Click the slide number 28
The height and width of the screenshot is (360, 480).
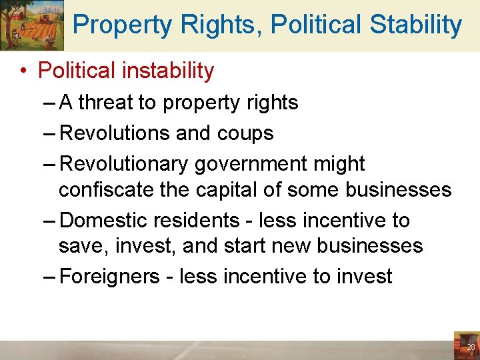click(471, 348)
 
